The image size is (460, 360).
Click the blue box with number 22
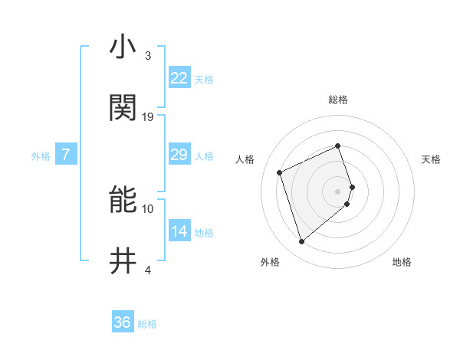pos(179,78)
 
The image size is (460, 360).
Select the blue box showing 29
pos(179,155)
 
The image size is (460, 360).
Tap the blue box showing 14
pos(179,231)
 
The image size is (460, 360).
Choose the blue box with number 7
pos(66,155)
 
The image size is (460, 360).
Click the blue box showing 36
pos(123,322)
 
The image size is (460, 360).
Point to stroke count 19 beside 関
pos(148,117)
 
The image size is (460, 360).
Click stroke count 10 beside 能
pos(148,208)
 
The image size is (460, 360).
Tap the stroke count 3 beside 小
pos(148,56)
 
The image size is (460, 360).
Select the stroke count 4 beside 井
pos(148,270)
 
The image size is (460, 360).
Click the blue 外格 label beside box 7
pos(41,156)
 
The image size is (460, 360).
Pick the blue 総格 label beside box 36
pos(147,324)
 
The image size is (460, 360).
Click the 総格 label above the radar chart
pos(338,100)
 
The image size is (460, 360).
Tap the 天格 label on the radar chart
pos(431,159)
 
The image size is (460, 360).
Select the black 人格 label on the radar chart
pos(245,159)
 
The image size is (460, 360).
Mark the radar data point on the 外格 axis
pos(301,242)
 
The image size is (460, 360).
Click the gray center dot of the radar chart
pos(338,191)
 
